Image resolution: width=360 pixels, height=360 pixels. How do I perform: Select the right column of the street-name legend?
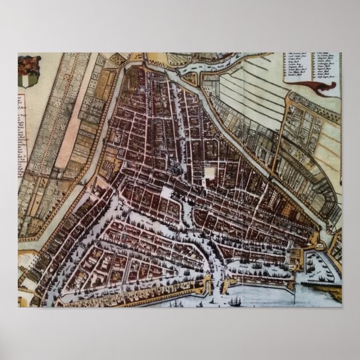pyautogui.click(x=323, y=64)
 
